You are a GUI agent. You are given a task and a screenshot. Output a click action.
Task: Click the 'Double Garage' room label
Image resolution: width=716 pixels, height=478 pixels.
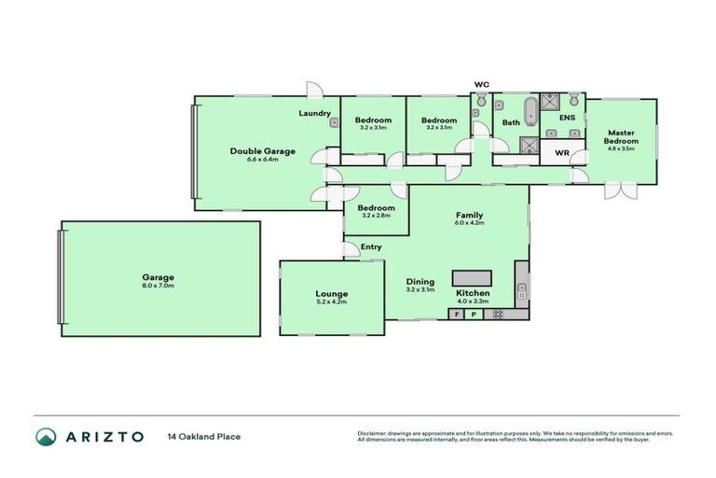(x=263, y=150)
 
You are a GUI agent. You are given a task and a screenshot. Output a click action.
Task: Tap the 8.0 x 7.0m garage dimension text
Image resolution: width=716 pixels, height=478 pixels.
(x=158, y=285)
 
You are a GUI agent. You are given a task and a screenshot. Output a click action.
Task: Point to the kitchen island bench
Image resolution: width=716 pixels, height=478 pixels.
(x=472, y=277)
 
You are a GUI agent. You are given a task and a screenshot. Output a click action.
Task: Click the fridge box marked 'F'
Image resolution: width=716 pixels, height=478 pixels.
(x=457, y=315)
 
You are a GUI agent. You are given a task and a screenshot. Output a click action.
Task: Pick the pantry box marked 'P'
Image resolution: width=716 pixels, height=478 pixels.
(x=474, y=315)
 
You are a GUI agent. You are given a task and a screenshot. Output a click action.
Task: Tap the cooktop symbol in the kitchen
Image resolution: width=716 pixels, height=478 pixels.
(x=498, y=315)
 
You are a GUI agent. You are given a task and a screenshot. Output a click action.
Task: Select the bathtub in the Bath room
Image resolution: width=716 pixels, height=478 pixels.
(x=531, y=111)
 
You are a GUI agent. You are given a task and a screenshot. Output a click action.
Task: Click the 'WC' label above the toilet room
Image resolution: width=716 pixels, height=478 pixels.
(x=481, y=85)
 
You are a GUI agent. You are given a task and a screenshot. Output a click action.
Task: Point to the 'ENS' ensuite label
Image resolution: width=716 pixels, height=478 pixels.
(x=567, y=119)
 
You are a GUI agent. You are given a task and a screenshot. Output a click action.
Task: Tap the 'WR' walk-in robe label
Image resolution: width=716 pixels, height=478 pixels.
(x=562, y=152)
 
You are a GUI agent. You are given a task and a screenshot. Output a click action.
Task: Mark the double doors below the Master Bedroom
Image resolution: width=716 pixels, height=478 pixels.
(x=617, y=190)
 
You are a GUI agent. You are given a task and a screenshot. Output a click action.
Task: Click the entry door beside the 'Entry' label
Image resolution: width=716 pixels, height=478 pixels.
(x=351, y=248)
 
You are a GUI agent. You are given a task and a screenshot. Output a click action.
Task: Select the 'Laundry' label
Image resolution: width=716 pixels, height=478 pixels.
(x=314, y=114)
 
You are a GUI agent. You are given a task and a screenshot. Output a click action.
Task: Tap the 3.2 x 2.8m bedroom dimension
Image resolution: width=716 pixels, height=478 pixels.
(x=376, y=216)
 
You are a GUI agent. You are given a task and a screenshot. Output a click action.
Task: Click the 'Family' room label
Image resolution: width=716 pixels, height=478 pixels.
(x=468, y=214)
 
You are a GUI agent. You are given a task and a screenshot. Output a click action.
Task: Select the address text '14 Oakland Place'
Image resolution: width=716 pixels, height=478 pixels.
(x=203, y=436)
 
